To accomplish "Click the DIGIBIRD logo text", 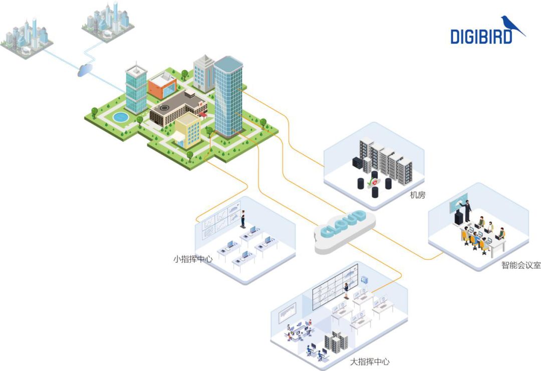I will point(481,37).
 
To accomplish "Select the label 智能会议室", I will point(521,265).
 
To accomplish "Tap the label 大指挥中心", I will point(369,361).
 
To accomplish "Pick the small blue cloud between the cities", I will point(84,71).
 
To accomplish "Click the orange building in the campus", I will point(161,86).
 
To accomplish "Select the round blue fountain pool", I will point(120,117).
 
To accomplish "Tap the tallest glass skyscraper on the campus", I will point(228,95).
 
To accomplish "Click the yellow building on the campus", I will point(186,129).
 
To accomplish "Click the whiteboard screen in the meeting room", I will point(458,203).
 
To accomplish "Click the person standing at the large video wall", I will point(346,291).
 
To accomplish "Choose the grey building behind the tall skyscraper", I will point(203,74).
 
